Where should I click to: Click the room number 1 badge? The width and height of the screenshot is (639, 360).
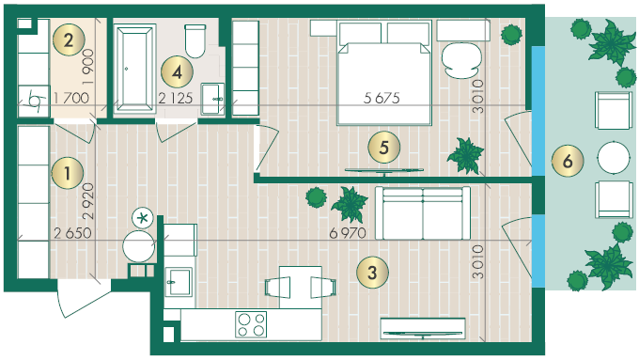(x=68, y=173)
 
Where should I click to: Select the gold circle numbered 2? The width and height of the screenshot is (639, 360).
(x=69, y=40)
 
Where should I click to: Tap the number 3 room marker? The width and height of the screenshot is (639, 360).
(x=372, y=273)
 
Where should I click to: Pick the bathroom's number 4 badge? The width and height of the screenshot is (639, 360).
(x=177, y=72)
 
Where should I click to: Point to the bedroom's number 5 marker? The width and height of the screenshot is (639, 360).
(x=384, y=148)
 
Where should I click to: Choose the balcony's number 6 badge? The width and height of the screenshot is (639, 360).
(x=568, y=161)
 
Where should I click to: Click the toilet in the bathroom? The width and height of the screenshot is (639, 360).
(x=195, y=40)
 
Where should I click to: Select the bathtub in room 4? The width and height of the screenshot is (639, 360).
(x=135, y=68)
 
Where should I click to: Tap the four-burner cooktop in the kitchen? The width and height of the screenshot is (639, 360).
(x=251, y=324)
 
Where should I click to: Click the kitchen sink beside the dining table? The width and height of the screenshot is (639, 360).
(x=179, y=281)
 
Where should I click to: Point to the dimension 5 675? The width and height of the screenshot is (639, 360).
(x=382, y=98)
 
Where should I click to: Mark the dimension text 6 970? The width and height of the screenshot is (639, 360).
(x=348, y=233)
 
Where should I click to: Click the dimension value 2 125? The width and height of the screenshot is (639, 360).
(x=175, y=98)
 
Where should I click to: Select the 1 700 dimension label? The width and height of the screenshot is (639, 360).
(x=71, y=98)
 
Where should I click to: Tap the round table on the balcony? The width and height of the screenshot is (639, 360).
(x=614, y=157)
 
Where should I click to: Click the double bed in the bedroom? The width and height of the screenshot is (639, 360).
(x=384, y=72)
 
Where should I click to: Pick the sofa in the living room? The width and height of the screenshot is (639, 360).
(x=423, y=213)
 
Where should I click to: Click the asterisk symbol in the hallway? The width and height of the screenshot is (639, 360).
(x=142, y=218)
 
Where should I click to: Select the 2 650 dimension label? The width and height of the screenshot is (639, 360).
(x=72, y=233)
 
